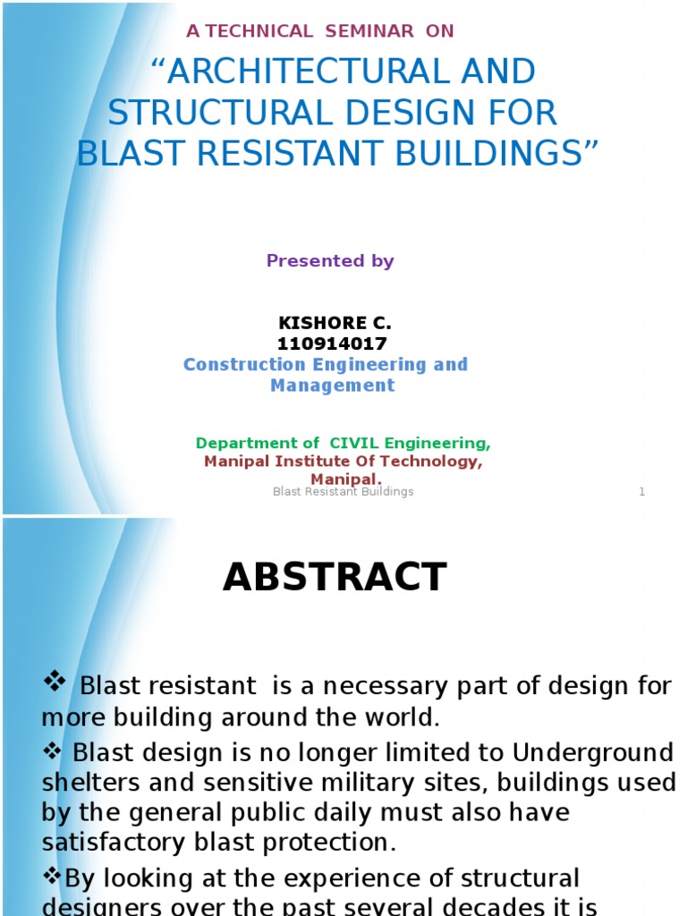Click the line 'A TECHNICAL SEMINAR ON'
(x=319, y=31)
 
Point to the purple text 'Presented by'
(x=330, y=261)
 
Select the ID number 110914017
(x=332, y=343)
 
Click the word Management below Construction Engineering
(x=332, y=386)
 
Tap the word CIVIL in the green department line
(x=357, y=444)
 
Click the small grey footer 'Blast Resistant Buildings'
(x=343, y=492)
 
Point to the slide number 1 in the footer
(x=642, y=492)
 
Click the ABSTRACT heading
(x=335, y=578)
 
